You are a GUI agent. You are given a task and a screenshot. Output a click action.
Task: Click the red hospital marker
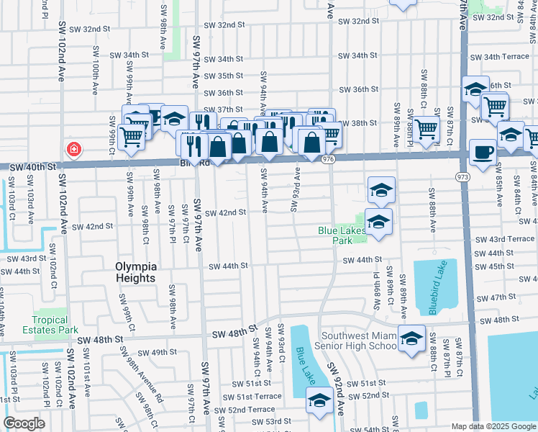click(x=73, y=150)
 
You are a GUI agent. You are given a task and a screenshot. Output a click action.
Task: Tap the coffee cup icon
click(x=483, y=153)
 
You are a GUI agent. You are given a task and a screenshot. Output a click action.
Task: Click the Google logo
click(x=24, y=423)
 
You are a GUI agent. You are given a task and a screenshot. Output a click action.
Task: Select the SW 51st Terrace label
click(x=252, y=397)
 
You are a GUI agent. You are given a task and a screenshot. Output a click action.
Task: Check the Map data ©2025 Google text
click(x=493, y=426)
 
